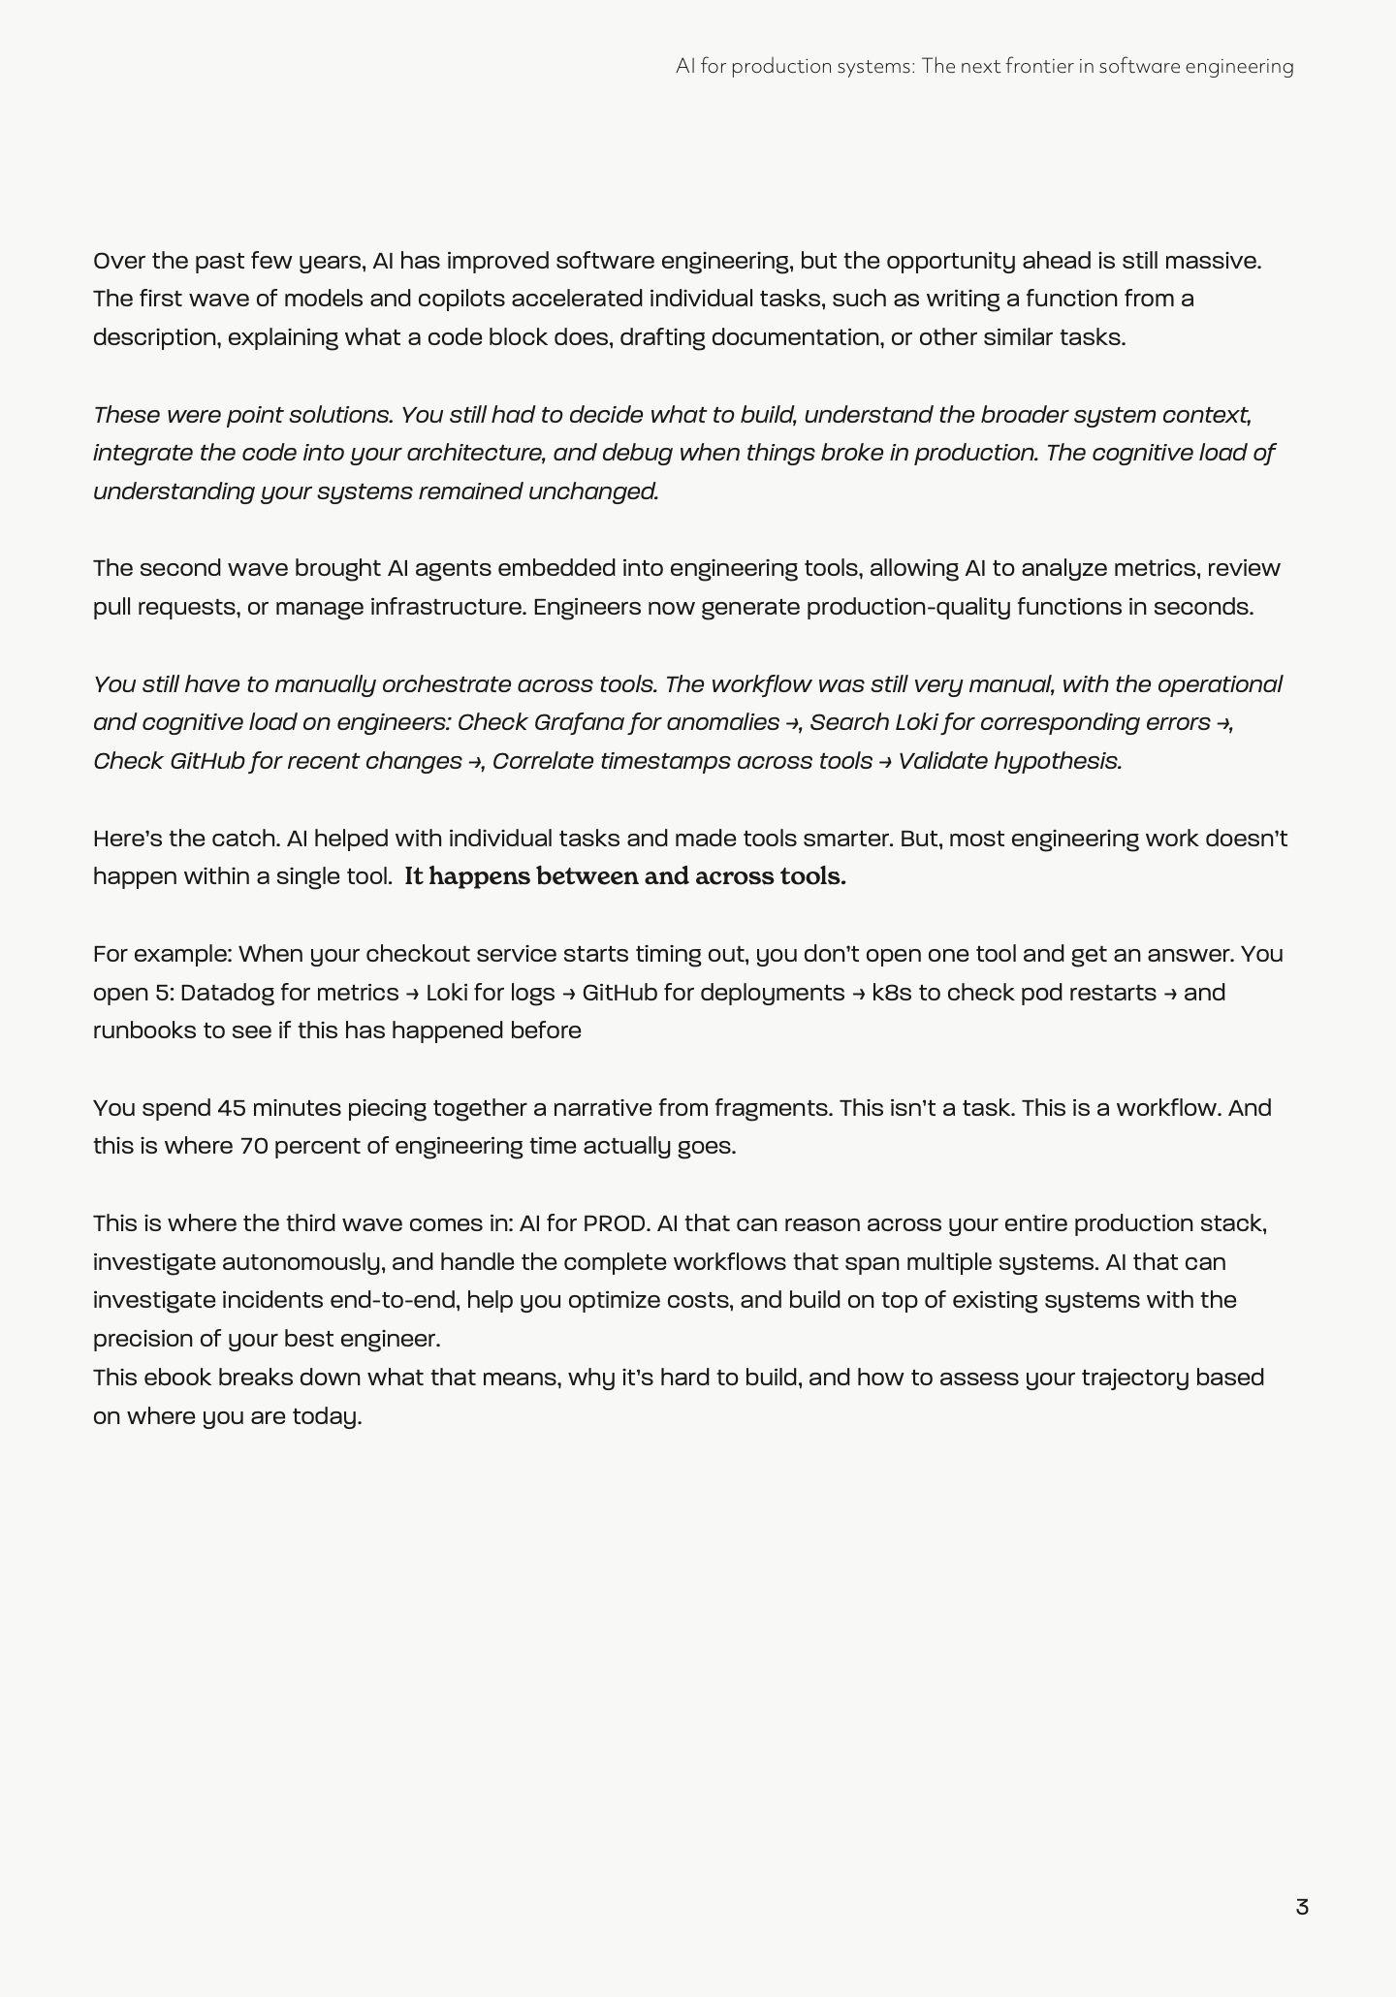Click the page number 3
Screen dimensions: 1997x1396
[x=1302, y=1907]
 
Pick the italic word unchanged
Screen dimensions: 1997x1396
[x=593, y=491]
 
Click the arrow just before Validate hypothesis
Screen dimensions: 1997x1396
[x=885, y=762]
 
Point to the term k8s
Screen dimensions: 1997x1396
[x=892, y=993]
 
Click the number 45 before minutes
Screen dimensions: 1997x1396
[x=231, y=1108]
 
